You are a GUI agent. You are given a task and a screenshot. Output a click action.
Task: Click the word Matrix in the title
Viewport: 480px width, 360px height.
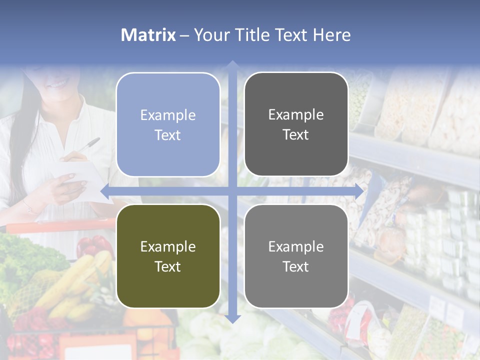coord(148,35)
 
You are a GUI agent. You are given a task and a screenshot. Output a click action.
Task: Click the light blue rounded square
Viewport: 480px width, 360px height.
coord(168,124)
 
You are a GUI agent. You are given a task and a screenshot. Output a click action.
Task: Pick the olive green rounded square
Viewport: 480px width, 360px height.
coord(168,256)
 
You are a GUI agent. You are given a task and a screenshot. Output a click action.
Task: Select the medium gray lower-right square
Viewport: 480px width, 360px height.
coord(296,256)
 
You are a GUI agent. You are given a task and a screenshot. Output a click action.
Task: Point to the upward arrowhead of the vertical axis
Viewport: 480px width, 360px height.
coord(232,65)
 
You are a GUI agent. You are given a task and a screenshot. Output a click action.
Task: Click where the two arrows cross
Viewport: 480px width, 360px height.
coord(232,191)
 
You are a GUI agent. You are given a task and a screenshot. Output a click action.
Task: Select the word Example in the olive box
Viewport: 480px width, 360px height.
coord(168,246)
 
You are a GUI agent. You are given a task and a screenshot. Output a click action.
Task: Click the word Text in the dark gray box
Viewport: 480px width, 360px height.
coord(296,135)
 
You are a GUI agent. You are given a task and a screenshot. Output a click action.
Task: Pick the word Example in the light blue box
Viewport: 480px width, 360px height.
coord(168,115)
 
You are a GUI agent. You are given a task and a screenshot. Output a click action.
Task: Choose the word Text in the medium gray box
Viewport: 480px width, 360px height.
coord(296,267)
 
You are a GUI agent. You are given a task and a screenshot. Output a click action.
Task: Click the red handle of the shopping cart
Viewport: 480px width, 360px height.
coord(55,225)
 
